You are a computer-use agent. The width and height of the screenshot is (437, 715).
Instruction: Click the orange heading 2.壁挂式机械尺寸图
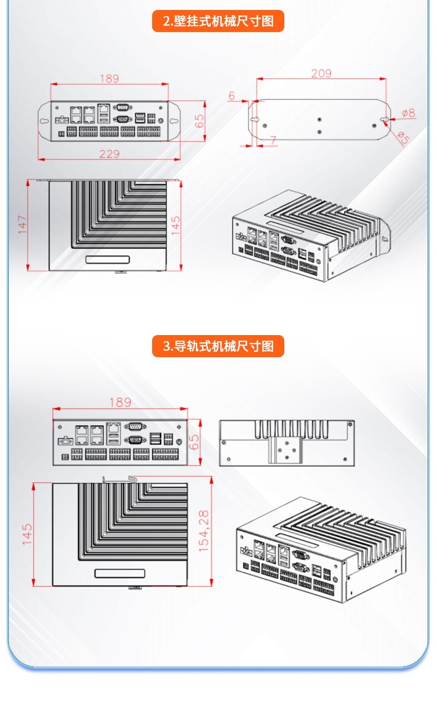click(x=218, y=22)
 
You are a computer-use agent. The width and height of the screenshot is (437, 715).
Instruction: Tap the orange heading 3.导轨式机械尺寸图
click(x=218, y=346)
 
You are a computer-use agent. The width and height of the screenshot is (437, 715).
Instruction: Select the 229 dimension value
click(x=109, y=154)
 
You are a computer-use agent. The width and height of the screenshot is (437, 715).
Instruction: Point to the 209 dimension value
click(x=321, y=74)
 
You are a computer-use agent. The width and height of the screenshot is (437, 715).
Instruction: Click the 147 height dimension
click(x=23, y=225)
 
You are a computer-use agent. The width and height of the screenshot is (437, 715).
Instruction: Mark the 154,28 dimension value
click(x=204, y=531)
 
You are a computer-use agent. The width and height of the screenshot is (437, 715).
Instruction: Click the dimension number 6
click(x=232, y=96)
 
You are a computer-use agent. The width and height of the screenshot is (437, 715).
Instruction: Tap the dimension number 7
click(x=273, y=140)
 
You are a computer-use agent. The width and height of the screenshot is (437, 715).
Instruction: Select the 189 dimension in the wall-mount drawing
click(x=109, y=78)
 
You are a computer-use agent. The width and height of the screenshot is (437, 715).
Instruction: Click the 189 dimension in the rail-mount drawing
click(x=119, y=402)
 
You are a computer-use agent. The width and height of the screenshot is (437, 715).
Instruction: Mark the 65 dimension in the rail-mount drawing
click(x=194, y=442)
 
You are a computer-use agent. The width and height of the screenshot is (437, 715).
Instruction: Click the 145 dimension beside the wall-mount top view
click(x=175, y=225)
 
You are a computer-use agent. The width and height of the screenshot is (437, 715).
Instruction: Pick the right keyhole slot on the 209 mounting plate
click(x=386, y=119)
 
